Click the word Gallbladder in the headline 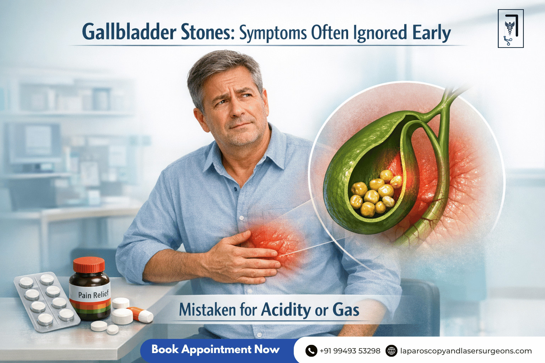point(129,32)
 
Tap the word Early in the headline point(431,33)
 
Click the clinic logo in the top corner point(511,29)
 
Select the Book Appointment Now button point(215,350)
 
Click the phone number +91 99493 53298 point(349,351)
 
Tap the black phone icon point(311,351)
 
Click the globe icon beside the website point(391,351)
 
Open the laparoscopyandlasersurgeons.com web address point(466,351)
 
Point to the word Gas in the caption point(346,310)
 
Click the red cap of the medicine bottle point(89,264)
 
